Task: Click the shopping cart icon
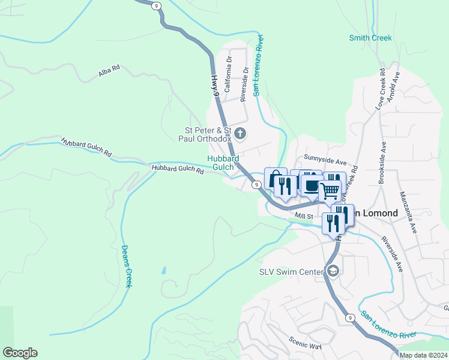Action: tap(330, 191)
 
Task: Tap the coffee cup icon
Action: tap(312, 185)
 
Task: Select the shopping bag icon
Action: tap(274, 178)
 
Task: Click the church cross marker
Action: tap(240, 133)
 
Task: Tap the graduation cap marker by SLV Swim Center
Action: tap(333, 272)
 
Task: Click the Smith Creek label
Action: tap(370, 38)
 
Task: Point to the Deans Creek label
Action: tap(127, 266)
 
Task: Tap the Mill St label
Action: tap(304, 216)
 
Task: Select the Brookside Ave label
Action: tap(384, 163)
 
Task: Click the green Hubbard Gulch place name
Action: tap(223, 163)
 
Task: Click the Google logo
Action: tap(20, 353)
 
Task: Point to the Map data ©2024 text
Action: tap(423, 355)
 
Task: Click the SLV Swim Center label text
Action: tap(291, 272)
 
